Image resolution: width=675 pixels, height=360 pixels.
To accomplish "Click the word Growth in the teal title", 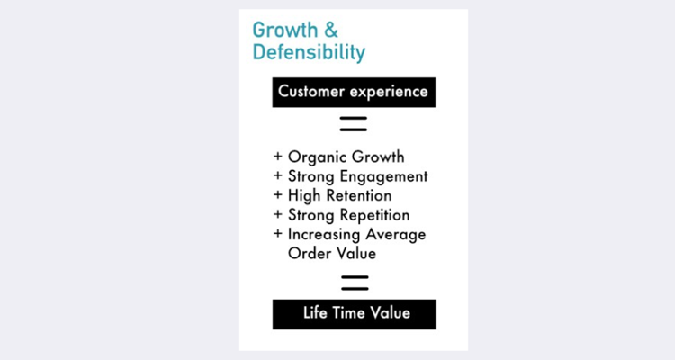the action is tap(285, 31).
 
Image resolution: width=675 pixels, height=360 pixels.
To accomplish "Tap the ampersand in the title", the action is tap(331, 30).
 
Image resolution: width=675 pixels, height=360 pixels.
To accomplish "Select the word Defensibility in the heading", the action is tap(309, 52).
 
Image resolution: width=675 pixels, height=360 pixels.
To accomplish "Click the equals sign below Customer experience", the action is tap(354, 123).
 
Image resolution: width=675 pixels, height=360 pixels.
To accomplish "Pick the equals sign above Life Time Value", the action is tap(355, 283).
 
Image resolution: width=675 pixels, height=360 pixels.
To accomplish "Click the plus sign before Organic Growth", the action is tap(278, 157).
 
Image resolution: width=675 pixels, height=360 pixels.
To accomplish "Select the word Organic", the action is tap(316, 157).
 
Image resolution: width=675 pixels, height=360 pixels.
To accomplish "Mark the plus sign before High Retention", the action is tap(278, 194).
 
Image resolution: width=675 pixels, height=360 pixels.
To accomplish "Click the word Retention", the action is tap(359, 195).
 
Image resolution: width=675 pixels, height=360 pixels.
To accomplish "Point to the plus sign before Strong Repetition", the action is tap(278, 214).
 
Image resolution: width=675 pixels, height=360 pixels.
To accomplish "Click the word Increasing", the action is tap(324, 235).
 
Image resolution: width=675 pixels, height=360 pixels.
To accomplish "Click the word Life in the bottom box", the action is tap(315, 312).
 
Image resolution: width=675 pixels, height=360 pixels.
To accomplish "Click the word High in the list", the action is tap(305, 196).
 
